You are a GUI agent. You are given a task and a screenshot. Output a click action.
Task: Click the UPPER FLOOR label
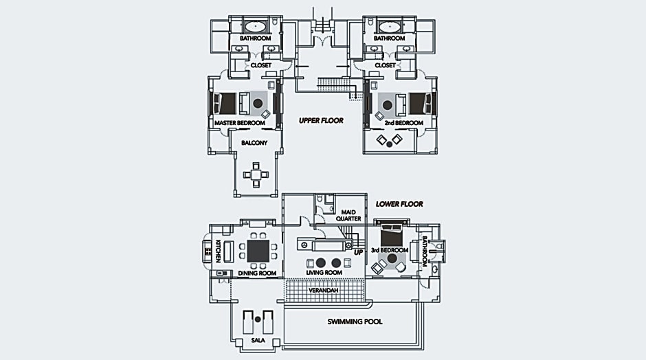coord(321,120)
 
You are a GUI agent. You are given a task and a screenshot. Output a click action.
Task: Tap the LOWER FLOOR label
coord(399,204)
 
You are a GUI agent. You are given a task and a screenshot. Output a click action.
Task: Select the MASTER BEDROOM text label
coord(239,123)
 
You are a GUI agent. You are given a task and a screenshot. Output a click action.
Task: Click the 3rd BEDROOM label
coord(390,250)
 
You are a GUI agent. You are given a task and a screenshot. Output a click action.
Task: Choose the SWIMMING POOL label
coord(355,322)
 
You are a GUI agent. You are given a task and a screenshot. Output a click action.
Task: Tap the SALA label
coord(258,339)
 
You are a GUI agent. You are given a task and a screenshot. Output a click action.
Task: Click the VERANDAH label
coord(323,291)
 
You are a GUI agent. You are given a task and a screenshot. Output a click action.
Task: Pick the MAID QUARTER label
coord(348,215)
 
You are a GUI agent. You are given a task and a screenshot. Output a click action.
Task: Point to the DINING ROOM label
coord(257,273)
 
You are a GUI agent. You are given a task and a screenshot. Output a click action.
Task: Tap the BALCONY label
coord(253,144)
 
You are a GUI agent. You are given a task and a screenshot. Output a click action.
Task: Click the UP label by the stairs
coord(358,252)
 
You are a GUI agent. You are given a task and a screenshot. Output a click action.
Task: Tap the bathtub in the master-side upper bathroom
coord(256,27)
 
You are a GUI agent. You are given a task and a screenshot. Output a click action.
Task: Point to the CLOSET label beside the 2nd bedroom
coord(385,65)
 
